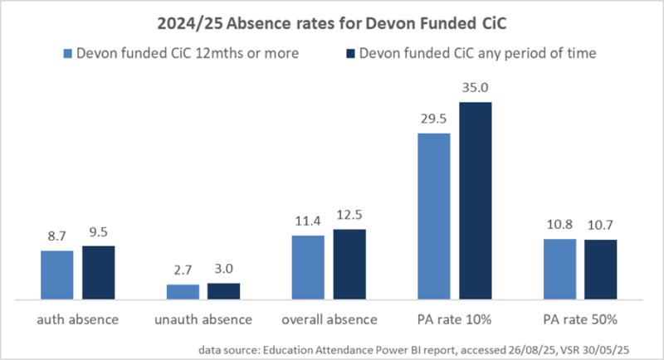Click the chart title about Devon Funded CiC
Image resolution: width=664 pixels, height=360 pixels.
[x=332, y=18]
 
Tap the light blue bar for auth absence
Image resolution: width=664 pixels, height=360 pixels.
[x=57, y=275]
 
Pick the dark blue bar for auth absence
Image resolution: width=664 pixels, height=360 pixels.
[x=98, y=272]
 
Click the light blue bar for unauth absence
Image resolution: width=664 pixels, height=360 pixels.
[x=183, y=291]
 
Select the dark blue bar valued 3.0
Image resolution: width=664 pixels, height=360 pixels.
[x=223, y=290]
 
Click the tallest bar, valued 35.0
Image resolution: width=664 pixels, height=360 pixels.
[x=475, y=200]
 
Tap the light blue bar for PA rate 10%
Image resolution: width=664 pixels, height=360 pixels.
[x=434, y=216]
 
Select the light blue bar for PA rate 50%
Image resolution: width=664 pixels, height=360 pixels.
[x=559, y=269]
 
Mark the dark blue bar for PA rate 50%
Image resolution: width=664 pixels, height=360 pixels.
[x=600, y=269]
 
